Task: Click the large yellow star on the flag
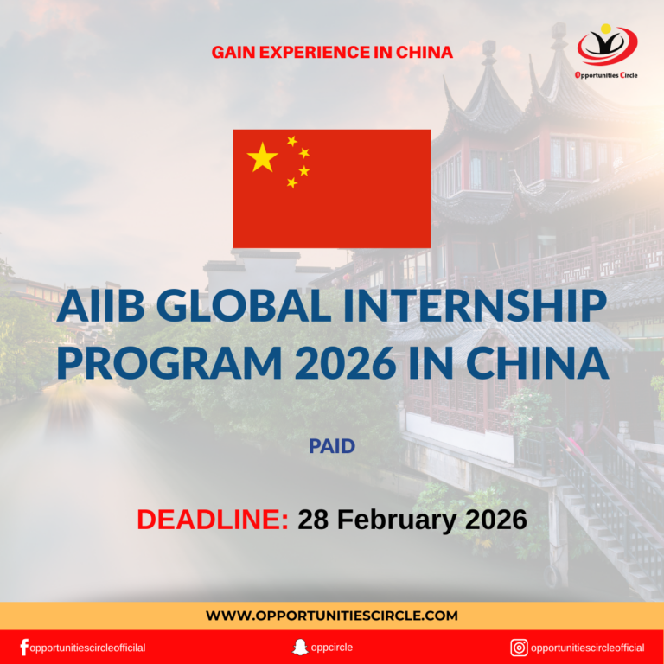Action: pyautogui.click(x=262, y=157)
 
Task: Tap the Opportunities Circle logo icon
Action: pyautogui.click(x=607, y=45)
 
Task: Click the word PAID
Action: pyautogui.click(x=332, y=447)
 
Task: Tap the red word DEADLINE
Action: pyautogui.click(x=213, y=520)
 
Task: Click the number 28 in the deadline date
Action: pyautogui.click(x=313, y=520)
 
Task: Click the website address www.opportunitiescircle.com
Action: pyautogui.click(x=332, y=616)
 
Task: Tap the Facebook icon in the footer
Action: pyautogui.click(x=23, y=648)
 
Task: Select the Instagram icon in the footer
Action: pyautogui.click(x=519, y=648)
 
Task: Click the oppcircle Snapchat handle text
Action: pyautogui.click(x=333, y=648)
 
